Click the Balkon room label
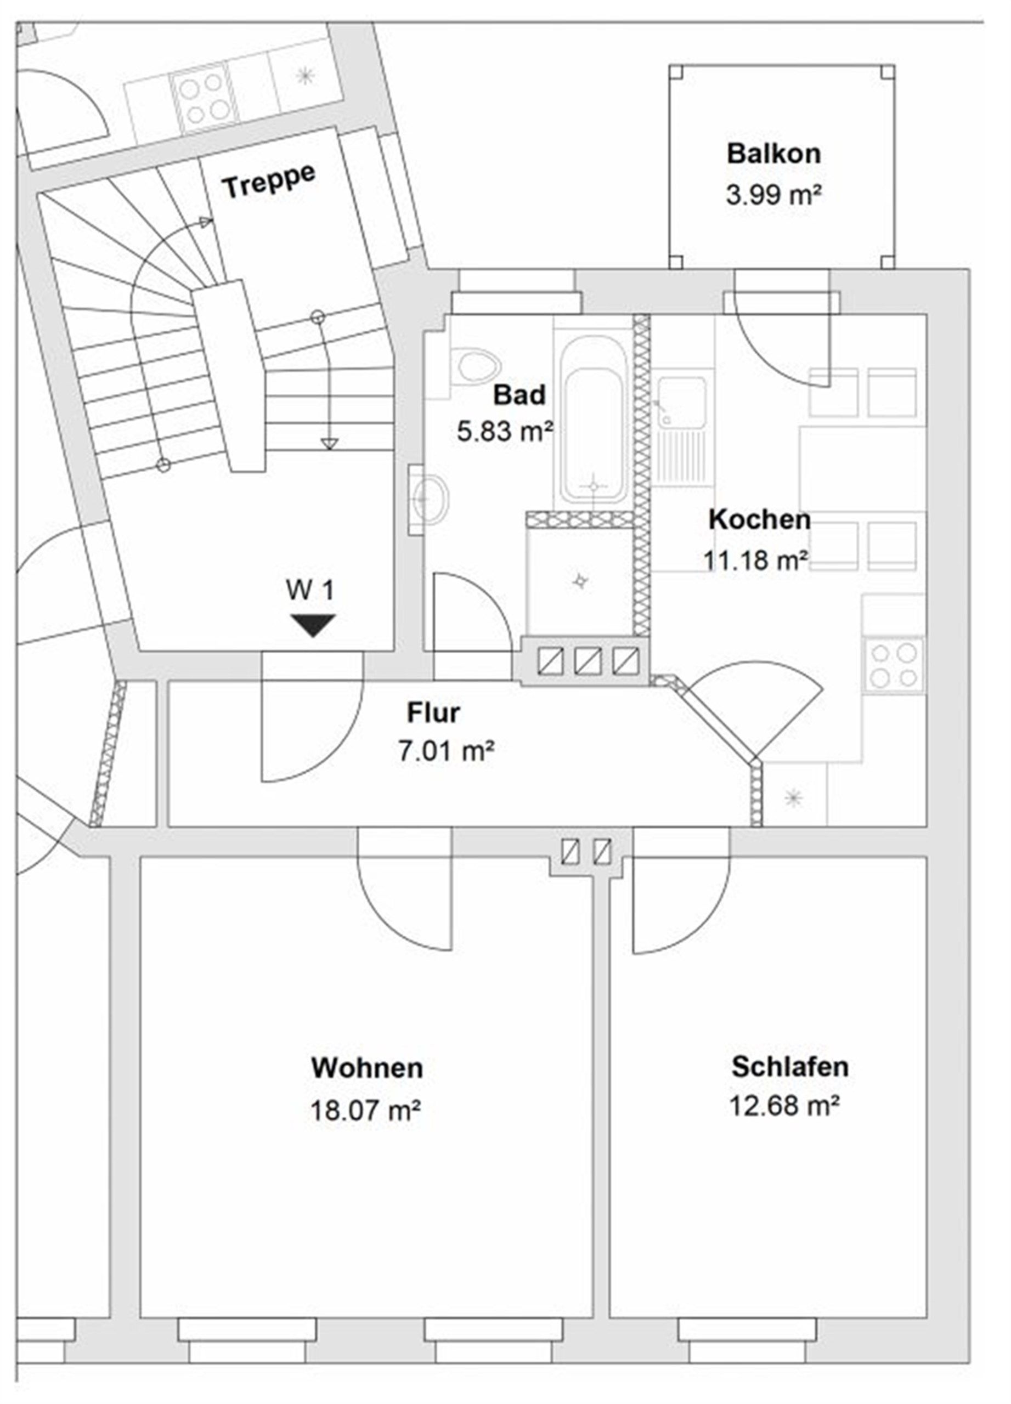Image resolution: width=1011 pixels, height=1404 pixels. [x=773, y=154]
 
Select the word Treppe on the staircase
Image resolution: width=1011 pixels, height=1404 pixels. [x=269, y=182]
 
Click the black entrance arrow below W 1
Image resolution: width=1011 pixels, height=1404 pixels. [x=314, y=625]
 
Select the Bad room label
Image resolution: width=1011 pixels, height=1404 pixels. [x=519, y=395]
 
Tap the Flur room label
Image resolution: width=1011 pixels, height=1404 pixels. [x=433, y=712]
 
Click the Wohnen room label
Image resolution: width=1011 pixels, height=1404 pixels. [x=366, y=1068]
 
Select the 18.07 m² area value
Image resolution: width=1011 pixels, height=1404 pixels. [x=365, y=1111]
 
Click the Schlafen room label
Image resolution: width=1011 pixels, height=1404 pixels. [x=790, y=1067]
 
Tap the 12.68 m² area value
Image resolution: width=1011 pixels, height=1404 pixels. [x=784, y=1106]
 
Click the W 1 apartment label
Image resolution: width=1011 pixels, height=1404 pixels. [x=309, y=591]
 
